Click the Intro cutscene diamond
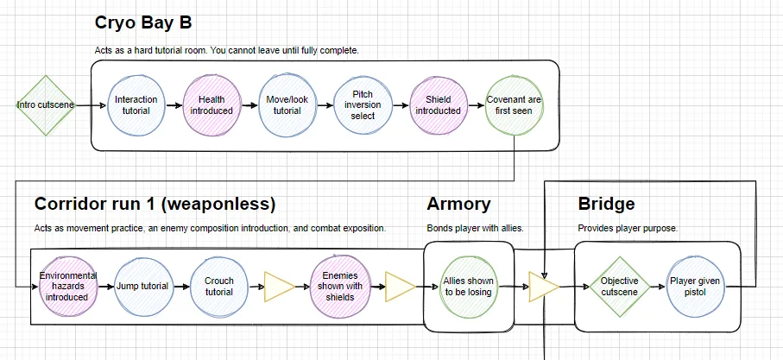(x=46, y=105)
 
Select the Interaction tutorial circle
(x=136, y=105)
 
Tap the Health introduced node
(x=212, y=105)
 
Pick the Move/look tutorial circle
(x=287, y=105)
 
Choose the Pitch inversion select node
(x=363, y=105)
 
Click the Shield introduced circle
(x=439, y=105)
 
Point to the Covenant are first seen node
(x=514, y=105)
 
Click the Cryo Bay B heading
(x=143, y=23)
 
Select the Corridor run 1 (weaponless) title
(x=155, y=205)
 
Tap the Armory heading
(x=459, y=205)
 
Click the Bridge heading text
(x=606, y=204)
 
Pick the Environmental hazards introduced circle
(x=68, y=287)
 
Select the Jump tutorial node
(x=144, y=287)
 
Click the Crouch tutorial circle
(x=219, y=287)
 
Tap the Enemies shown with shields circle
(x=339, y=287)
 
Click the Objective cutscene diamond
(x=619, y=287)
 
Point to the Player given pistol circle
(x=696, y=287)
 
